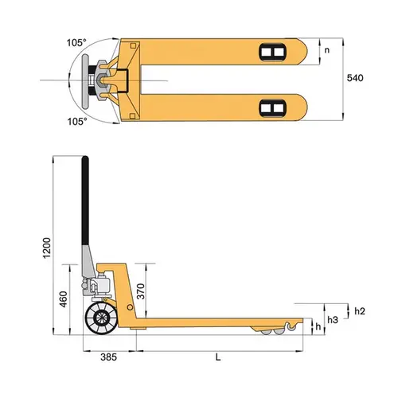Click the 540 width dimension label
tap(355, 79)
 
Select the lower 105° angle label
tap(77, 122)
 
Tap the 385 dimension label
tap(109, 358)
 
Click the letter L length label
tap(218, 358)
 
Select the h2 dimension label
tap(359, 310)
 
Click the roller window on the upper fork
tap(271, 53)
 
